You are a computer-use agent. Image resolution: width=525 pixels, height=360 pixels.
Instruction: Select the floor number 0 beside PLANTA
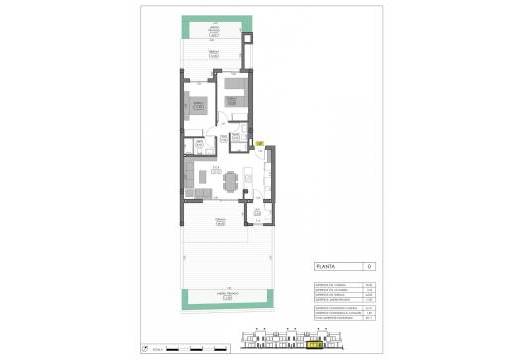369,265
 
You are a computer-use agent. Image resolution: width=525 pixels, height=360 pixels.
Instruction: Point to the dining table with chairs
231,183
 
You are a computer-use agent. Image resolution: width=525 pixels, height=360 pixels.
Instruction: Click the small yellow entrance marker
258,145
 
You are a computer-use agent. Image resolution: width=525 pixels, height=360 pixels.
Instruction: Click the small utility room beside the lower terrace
259,211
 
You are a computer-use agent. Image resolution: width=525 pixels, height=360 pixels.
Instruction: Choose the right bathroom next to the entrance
238,140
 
